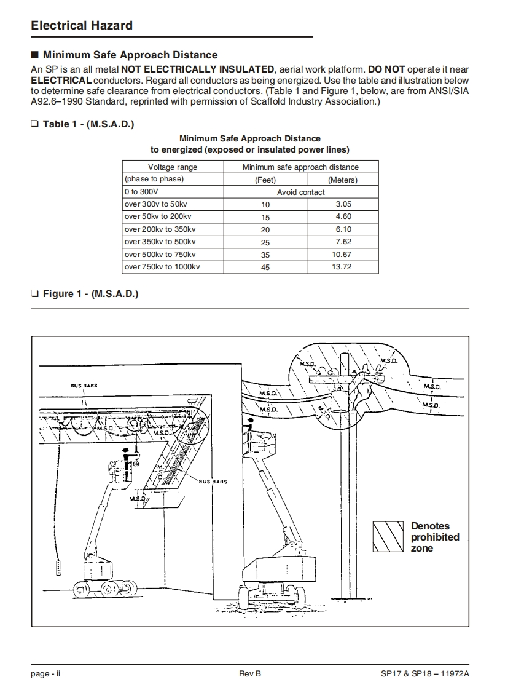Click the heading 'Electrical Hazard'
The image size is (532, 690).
(x=82, y=26)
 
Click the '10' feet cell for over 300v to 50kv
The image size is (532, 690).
(x=265, y=205)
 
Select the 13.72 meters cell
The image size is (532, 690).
(x=342, y=267)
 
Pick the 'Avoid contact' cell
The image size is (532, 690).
(x=301, y=192)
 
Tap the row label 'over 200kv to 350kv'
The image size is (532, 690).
(x=160, y=229)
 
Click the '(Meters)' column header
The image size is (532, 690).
(x=343, y=180)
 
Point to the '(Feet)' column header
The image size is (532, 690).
(x=265, y=180)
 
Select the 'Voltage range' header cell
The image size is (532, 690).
(x=173, y=167)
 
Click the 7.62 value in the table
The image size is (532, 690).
(x=342, y=242)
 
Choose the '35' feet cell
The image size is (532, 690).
(x=265, y=255)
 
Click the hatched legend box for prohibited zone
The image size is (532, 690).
(x=388, y=537)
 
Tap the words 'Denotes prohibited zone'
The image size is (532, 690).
(x=435, y=537)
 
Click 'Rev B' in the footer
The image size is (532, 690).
(x=250, y=674)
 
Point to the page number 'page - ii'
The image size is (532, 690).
(x=45, y=674)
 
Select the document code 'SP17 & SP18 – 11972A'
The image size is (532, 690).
(x=425, y=674)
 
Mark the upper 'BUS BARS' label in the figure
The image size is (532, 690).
(x=84, y=386)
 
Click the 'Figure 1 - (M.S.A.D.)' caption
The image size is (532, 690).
(x=90, y=294)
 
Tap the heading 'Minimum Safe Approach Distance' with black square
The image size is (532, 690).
(x=125, y=55)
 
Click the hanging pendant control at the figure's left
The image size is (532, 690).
(x=59, y=567)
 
